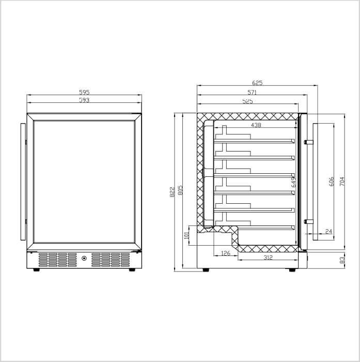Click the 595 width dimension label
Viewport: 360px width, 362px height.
[84, 92]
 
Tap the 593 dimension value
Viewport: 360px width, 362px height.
[84, 100]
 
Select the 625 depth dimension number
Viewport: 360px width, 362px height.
[257, 83]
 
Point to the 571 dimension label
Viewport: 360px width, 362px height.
[252, 93]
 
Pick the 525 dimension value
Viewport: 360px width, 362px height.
[247, 101]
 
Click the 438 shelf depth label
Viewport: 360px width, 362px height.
[256, 125]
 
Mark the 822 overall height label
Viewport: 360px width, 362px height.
[173, 192]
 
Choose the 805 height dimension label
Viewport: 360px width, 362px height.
[180, 190]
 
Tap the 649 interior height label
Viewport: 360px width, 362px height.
[293, 182]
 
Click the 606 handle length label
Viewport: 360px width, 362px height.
[331, 182]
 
